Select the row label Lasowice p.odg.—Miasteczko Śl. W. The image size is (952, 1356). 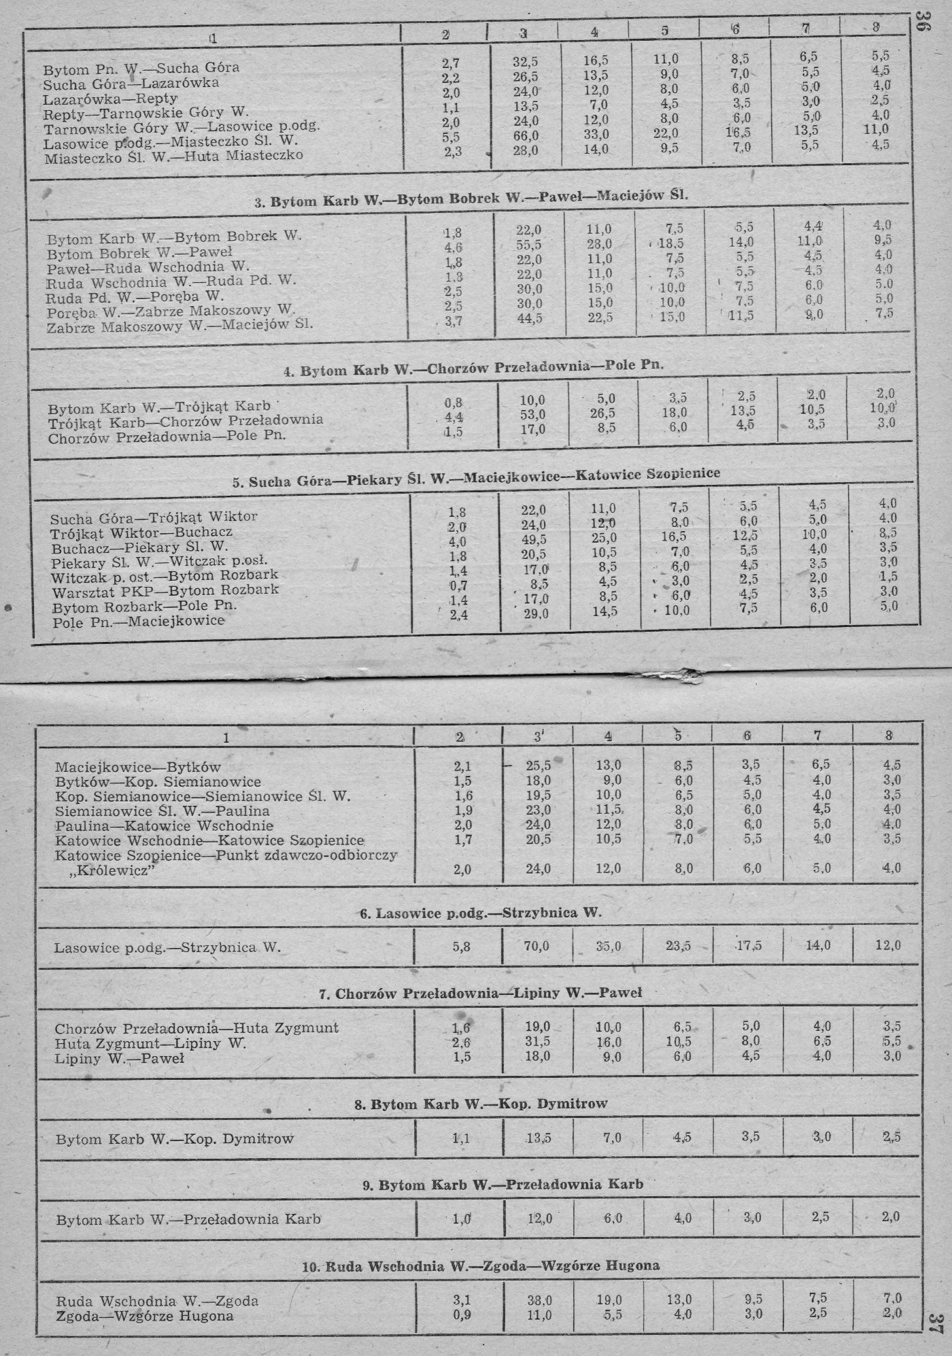pyautogui.click(x=171, y=142)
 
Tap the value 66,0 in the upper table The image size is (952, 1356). pyautogui.click(x=526, y=135)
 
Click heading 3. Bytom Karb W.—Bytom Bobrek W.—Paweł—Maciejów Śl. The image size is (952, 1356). pyautogui.click(x=471, y=199)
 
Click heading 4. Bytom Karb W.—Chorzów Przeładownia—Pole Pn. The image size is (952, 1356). pyautogui.click(x=473, y=368)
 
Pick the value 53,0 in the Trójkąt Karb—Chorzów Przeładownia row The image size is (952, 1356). pyautogui.click(x=532, y=414)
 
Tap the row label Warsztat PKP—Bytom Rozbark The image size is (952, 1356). pyautogui.click(x=165, y=591)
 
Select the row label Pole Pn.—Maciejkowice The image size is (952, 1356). pyautogui.click(x=139, y=621)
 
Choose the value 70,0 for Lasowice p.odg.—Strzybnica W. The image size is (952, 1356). pyautogui.click(x=537, y=945)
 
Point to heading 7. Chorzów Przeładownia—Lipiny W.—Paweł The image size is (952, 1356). pyautogui.click(x=480, y=993)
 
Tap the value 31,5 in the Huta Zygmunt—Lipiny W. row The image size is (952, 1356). pyautogui.click(x=537, y=1041)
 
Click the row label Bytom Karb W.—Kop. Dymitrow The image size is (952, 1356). pyautogui.click(x=175, y=1139)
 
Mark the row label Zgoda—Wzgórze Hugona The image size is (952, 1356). pyautogui.click(x=145, y=1316)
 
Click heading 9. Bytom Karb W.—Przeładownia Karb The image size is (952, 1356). pyautogui.click(x=503, y=1184)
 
